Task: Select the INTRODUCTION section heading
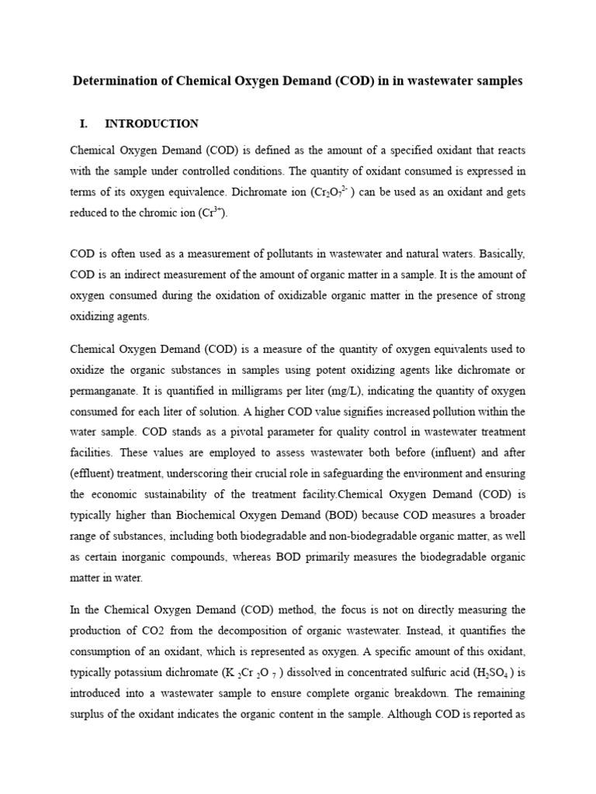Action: coord(151,123)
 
